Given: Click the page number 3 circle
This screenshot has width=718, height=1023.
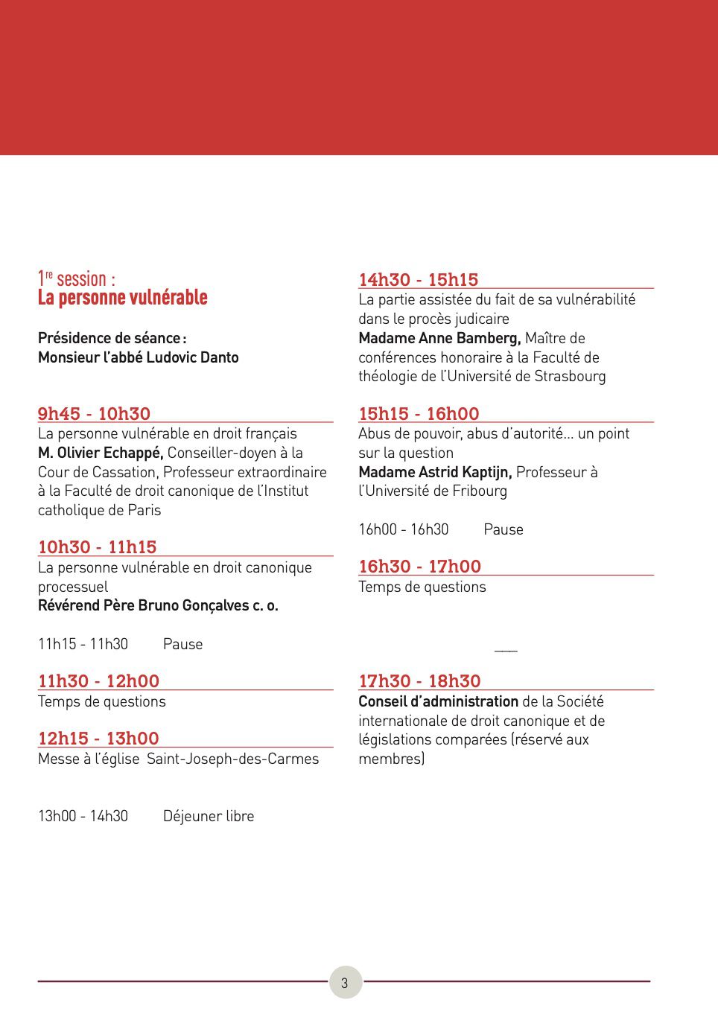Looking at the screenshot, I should coord(345,982).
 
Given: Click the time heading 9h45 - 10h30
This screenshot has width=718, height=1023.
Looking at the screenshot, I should coord(94,414).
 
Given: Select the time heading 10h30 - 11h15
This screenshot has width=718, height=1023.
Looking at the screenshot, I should coord(97,547).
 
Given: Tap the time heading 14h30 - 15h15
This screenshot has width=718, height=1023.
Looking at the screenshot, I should coord(418,280).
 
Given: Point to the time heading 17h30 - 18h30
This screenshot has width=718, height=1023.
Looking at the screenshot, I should coord(419,681).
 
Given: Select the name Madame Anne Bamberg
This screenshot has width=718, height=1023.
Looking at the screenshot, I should coord(439,338).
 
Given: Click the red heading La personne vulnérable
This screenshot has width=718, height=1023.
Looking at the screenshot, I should coord(123,298).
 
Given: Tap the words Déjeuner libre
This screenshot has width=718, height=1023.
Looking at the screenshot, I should coord(209,816).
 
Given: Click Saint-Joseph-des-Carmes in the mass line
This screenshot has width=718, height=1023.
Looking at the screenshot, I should coord(232,759).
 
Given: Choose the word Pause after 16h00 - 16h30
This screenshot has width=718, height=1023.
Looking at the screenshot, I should coord(503,529).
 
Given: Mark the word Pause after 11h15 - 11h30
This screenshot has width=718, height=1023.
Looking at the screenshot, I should coord(182,644).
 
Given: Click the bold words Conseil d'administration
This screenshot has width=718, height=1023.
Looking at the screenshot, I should coord(438,701).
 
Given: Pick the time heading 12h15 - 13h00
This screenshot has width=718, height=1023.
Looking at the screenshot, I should coord(98,739).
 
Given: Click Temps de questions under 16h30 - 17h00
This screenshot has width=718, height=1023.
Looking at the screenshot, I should coord(422,587).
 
